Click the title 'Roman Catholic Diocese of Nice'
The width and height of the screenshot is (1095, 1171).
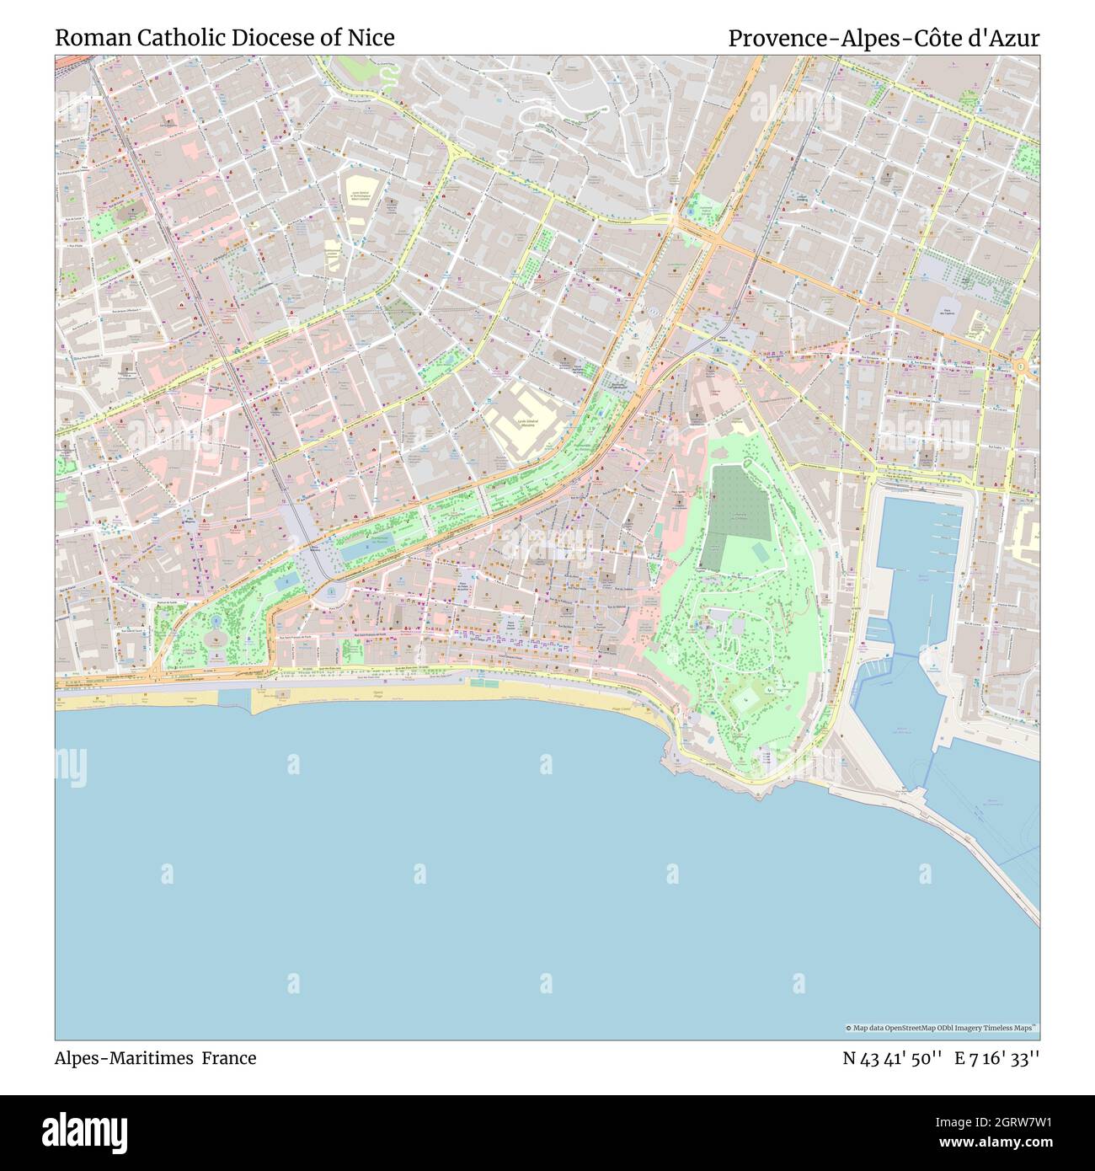coord(225,38)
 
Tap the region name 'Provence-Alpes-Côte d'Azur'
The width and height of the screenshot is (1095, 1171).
coord(884,38)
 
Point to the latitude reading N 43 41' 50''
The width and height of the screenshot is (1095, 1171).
coord(892,1058)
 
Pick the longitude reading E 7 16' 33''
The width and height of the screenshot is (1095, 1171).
coord(997,1058)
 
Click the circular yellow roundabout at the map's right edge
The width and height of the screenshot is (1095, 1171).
coord(1021,366)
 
